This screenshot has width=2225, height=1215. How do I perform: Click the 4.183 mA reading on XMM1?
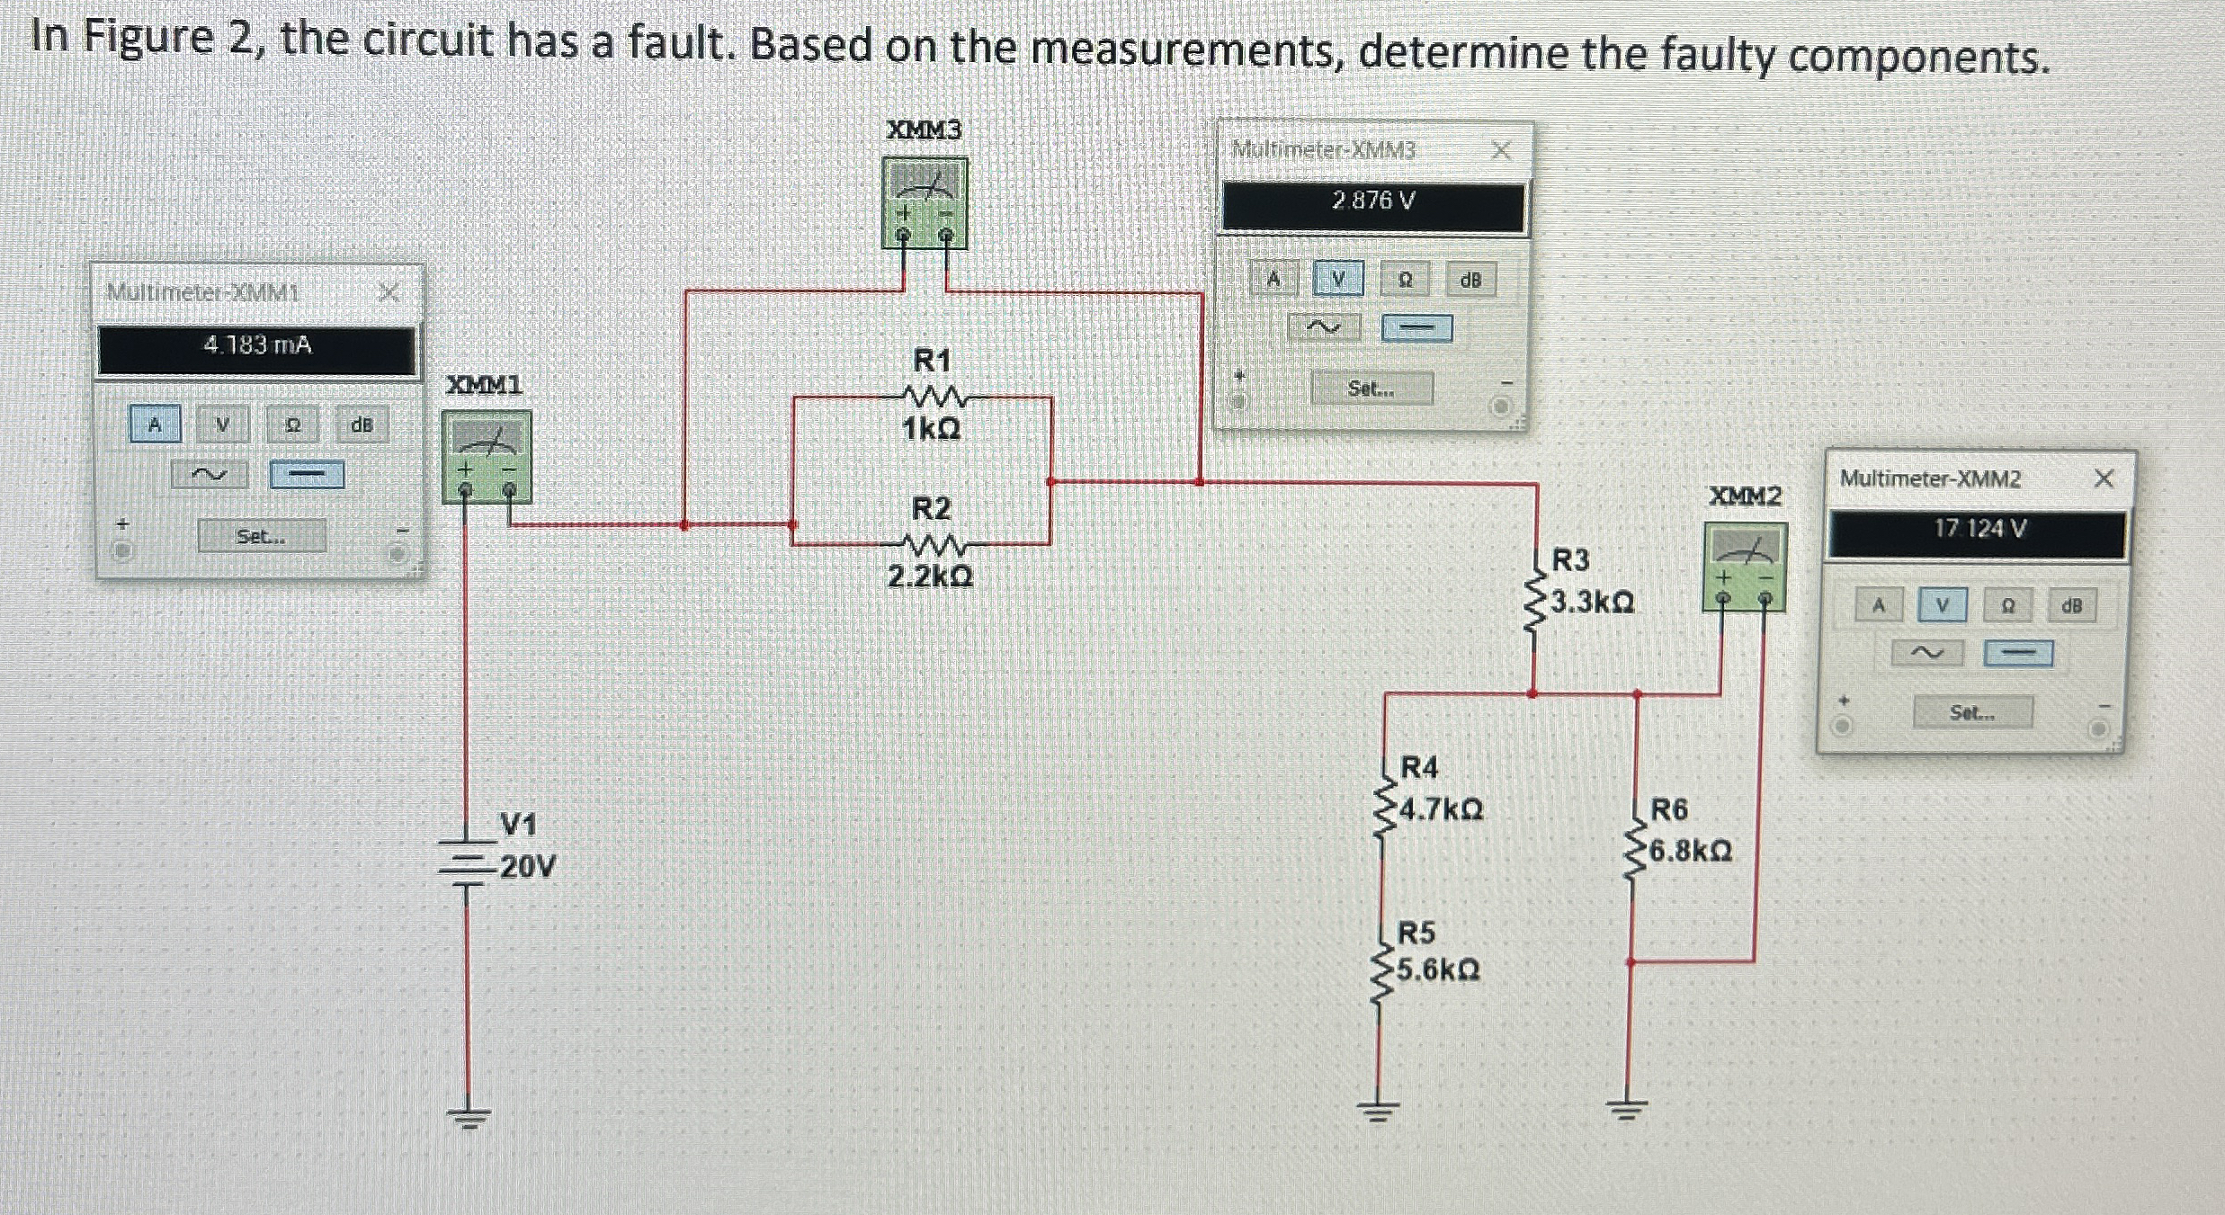[x=257, y=345]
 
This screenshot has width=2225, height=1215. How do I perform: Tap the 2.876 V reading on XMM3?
[x=1373, y=201]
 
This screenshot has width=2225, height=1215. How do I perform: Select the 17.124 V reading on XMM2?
[x=1979, y=529]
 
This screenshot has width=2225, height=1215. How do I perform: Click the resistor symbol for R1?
[x=932, y=397]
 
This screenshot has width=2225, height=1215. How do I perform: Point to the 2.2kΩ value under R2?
[x=930, y=576]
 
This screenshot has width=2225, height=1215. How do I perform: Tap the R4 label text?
[x=1419, y=767]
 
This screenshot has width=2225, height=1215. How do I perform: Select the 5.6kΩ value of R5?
[x=1437, y=970]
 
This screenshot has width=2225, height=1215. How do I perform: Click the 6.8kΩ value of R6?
[x=1690, y=851]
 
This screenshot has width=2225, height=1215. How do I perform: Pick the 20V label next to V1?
[x=528, y=867]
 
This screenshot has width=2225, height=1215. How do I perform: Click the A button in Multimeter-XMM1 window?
[x=155, y=424]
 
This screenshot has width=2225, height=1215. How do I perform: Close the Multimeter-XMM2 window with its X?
[x=2103, y=478]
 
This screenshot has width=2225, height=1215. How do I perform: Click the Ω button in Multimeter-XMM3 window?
[x=1405, y=280]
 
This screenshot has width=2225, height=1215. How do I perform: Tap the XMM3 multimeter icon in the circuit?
[x=925, y=201]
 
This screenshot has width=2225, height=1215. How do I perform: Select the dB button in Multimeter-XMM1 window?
[x=362, y=424]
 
